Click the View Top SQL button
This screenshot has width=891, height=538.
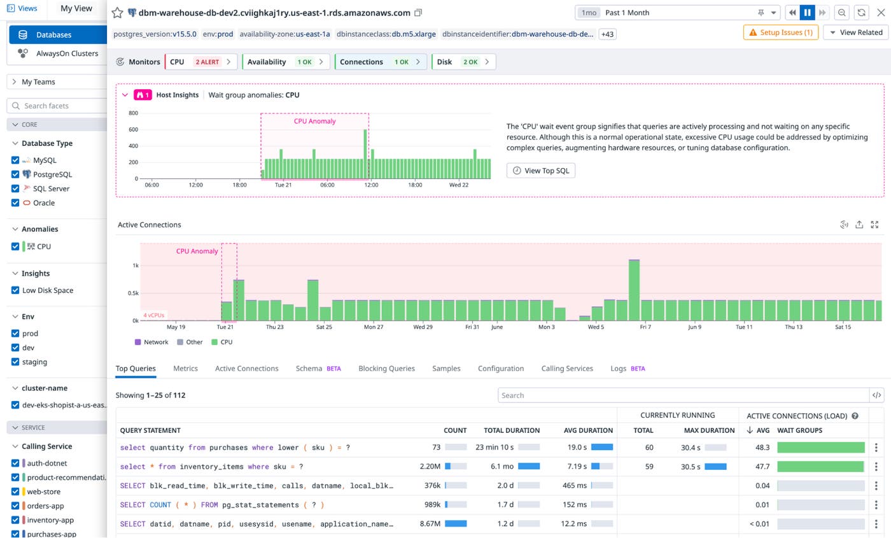[541, 171]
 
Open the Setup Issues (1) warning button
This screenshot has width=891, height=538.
[780, 32]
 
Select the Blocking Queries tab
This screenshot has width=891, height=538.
[386, 369]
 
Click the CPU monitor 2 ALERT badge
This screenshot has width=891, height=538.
[207, 62]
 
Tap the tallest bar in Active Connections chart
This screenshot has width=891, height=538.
[633, 290]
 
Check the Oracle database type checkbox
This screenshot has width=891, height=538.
[15, 203]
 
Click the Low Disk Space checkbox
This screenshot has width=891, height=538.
[15, 290]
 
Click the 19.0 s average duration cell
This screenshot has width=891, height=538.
[576, 448]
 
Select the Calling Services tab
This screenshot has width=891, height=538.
[566, 369]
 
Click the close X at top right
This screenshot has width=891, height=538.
[880, 13]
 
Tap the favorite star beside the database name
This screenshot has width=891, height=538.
[117, 13]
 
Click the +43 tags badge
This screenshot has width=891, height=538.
[607, 34]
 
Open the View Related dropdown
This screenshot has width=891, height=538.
[855, 32]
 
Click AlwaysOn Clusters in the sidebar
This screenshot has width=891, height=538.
[67, 53]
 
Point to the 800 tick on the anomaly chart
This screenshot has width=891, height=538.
[133, 113]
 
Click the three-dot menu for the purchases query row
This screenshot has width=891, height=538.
[876, 448]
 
